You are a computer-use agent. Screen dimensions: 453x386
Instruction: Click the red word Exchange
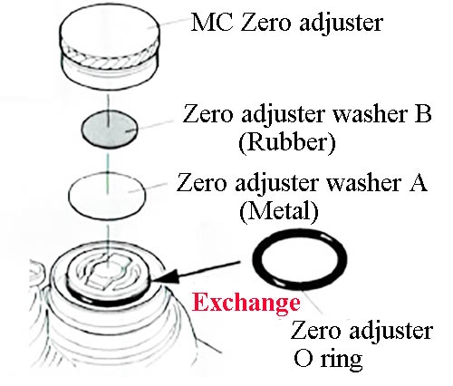246,303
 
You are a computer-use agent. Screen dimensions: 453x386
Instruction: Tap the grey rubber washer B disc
110,129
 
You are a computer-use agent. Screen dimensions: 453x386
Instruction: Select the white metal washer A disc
107,195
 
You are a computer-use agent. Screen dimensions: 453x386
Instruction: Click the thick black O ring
300,260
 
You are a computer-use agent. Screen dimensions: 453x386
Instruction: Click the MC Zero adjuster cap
109,47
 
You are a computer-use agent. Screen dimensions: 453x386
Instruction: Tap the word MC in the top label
212,23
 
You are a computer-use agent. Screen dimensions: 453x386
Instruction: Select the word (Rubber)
287,143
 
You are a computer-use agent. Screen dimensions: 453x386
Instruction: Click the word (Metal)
278,211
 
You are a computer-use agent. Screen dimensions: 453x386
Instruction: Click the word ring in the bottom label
342,360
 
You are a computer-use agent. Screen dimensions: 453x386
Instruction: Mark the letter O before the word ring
304,359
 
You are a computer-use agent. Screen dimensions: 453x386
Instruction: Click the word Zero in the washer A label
201,182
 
